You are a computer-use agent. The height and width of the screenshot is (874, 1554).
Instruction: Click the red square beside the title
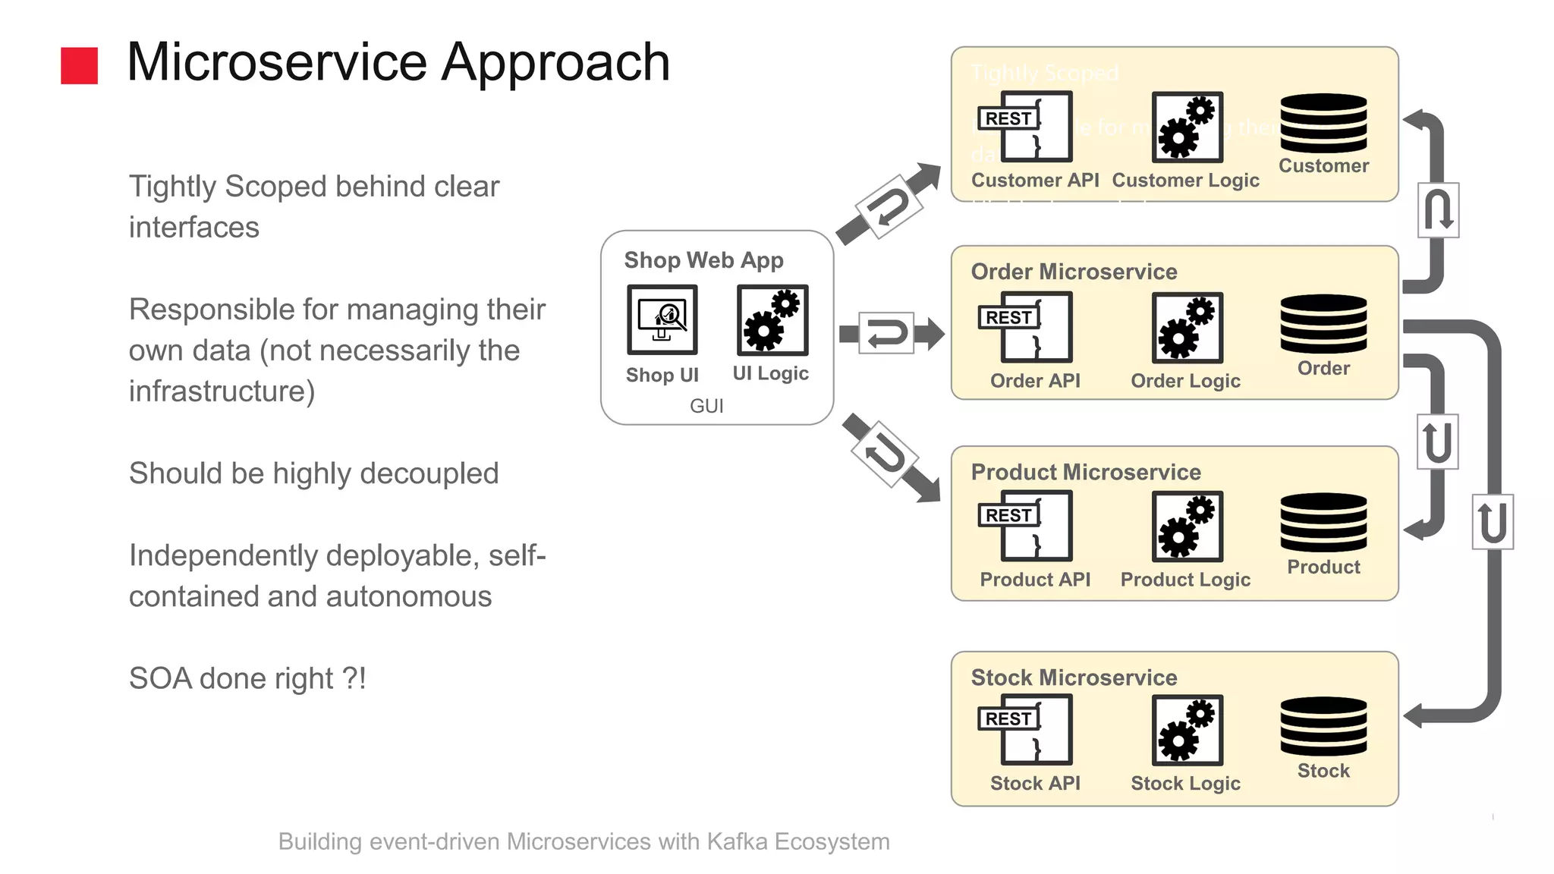79,65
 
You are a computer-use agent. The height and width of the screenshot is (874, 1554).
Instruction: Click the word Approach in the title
555,62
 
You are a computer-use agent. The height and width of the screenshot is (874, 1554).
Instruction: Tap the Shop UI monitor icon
662,319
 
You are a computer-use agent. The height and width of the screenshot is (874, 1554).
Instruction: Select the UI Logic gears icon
772,319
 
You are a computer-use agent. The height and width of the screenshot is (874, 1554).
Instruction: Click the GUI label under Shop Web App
706,406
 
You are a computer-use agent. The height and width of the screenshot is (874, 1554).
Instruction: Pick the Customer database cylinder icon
1323,123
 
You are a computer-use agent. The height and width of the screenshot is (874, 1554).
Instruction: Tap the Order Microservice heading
1074,272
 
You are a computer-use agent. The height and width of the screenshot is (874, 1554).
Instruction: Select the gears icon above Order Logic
1187,327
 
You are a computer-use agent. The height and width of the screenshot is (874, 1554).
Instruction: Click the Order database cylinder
1323,324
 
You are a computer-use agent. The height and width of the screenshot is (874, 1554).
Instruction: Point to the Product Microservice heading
1085,472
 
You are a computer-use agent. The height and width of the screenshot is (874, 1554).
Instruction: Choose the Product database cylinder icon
1323,522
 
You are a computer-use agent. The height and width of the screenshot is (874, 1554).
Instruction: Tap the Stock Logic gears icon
1187,729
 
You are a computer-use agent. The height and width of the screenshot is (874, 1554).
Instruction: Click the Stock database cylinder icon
1323,726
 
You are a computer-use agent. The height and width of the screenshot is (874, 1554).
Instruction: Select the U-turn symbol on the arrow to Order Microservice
886,333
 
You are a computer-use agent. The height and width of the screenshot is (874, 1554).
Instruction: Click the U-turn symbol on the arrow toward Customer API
889,206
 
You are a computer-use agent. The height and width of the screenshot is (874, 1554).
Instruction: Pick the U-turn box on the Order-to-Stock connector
1492,522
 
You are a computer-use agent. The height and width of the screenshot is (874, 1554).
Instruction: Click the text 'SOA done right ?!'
247,678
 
